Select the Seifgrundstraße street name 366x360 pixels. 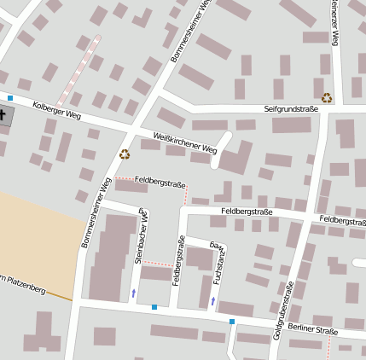tap(291, 109)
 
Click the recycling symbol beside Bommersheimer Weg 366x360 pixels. tap(125, 154)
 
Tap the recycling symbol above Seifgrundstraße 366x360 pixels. tap(327, 98)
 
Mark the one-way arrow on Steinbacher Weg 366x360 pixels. tap(133, 293)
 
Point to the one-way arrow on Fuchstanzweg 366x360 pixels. tap(212, 301)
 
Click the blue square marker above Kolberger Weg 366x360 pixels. tap(10, 98)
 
